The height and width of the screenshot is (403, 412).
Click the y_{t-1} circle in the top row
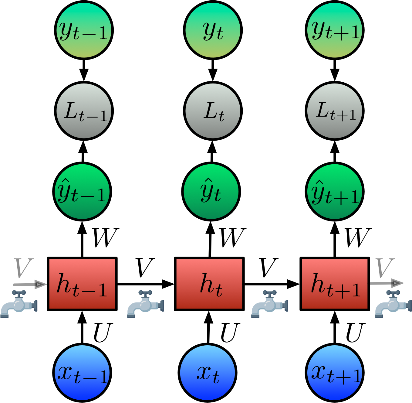click(x=84, y=30)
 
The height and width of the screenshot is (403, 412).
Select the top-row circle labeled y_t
click(x=213, y=30)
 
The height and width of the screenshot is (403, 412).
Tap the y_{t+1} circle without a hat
click(x=335, y=30)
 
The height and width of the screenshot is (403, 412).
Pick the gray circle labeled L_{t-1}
click(x=84, y=111)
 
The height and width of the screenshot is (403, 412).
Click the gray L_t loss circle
click(x=213, y=111)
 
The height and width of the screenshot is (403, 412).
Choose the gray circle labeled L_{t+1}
click(x=335, y=111)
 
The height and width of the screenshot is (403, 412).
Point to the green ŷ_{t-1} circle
click(x=82, y=192)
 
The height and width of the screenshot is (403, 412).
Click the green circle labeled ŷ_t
click(x=211, y=192)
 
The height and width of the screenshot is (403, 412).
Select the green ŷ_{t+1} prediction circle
click(x=335, y=192)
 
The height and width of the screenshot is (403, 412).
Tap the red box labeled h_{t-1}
click(x=82, y=284)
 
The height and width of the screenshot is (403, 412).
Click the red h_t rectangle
click(x=209, y=284)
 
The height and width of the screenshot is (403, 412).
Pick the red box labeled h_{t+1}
click(x=335, y=284)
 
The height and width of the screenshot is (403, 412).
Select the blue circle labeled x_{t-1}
click(x=82, y=373)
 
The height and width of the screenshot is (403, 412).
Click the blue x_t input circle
click(x=208, y=373)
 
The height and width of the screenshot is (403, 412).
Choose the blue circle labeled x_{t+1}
click(x=335, y=373)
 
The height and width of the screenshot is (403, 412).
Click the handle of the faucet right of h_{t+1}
click(x=393, y=293)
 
